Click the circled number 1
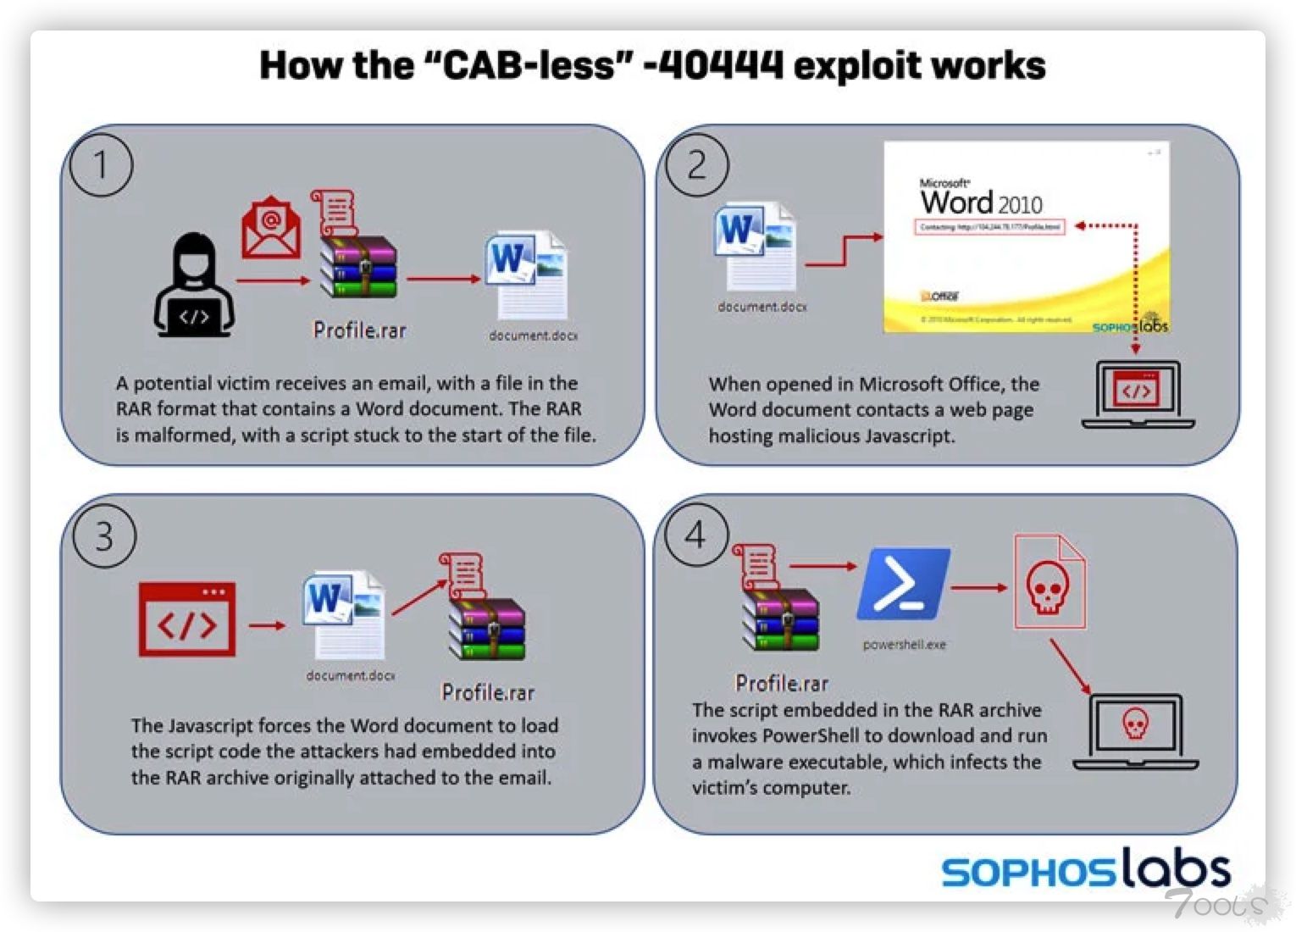click(x=101, y=165)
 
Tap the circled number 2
click(x=696, y=165)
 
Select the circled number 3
click(x=104, y=537)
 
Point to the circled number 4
click(x=695, y=535)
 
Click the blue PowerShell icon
click(x=903, y=585)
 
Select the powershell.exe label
click(x=904, y=645)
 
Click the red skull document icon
click(x=1049, y=583)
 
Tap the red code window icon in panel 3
click(x=187, y=619)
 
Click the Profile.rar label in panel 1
click(x=359, y=330)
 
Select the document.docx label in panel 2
click(x=762, y=307)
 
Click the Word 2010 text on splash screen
click(x=981, y=202)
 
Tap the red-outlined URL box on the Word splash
click(x=989, y=227)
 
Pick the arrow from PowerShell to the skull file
click(x=979, y=586)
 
